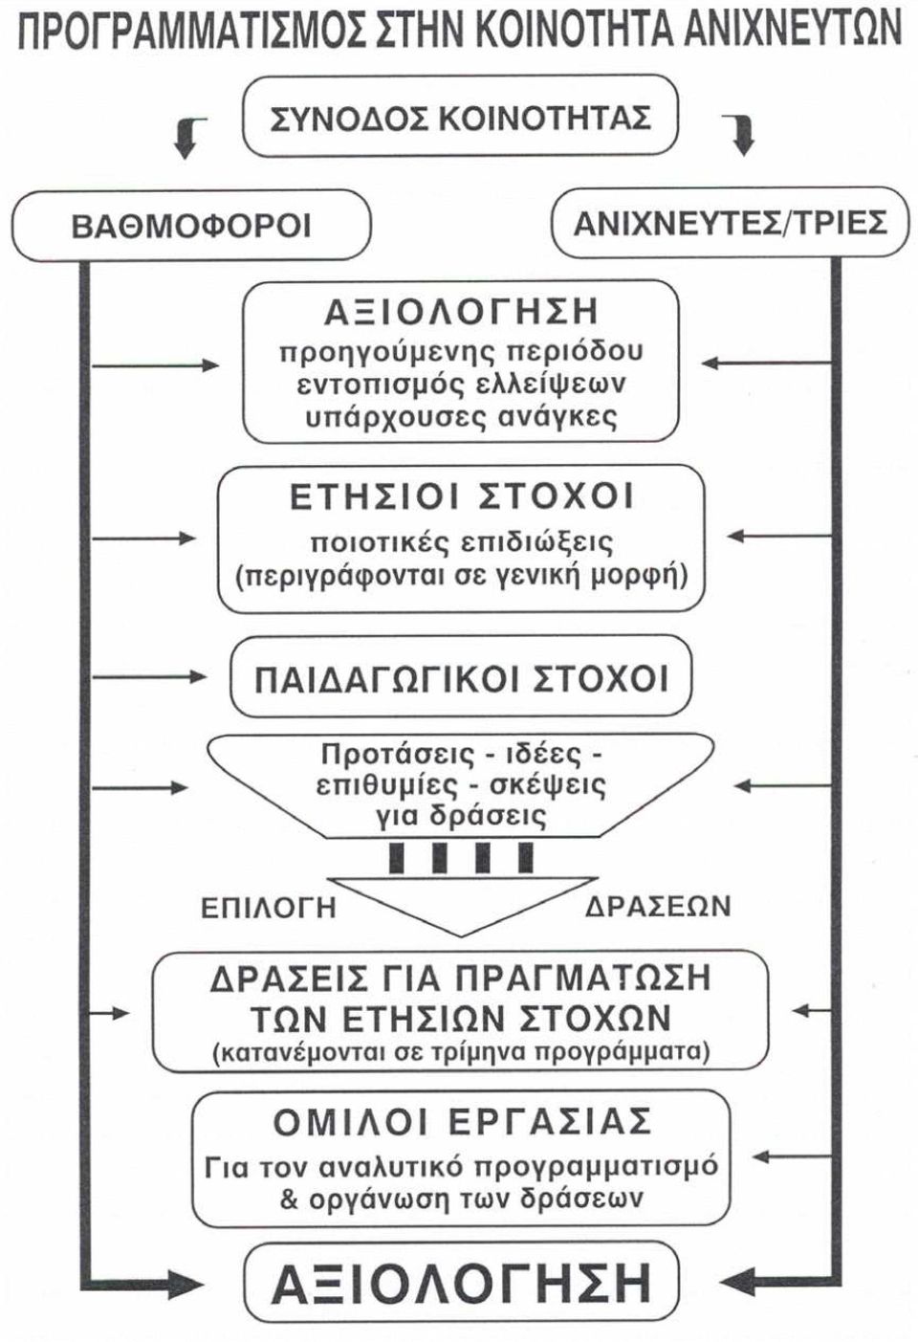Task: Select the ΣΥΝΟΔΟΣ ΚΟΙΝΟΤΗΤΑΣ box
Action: tap(460, 115)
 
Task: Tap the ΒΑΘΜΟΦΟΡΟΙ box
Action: tap(191, 225)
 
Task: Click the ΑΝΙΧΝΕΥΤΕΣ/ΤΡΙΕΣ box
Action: tap(731, 222)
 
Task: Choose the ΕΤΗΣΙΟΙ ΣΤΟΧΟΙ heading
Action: tap(461, 496)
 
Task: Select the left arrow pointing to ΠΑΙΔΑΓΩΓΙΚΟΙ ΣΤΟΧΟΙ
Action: tap(149, 677)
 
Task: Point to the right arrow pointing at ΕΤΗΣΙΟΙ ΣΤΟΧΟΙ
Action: tap(779, 537)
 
